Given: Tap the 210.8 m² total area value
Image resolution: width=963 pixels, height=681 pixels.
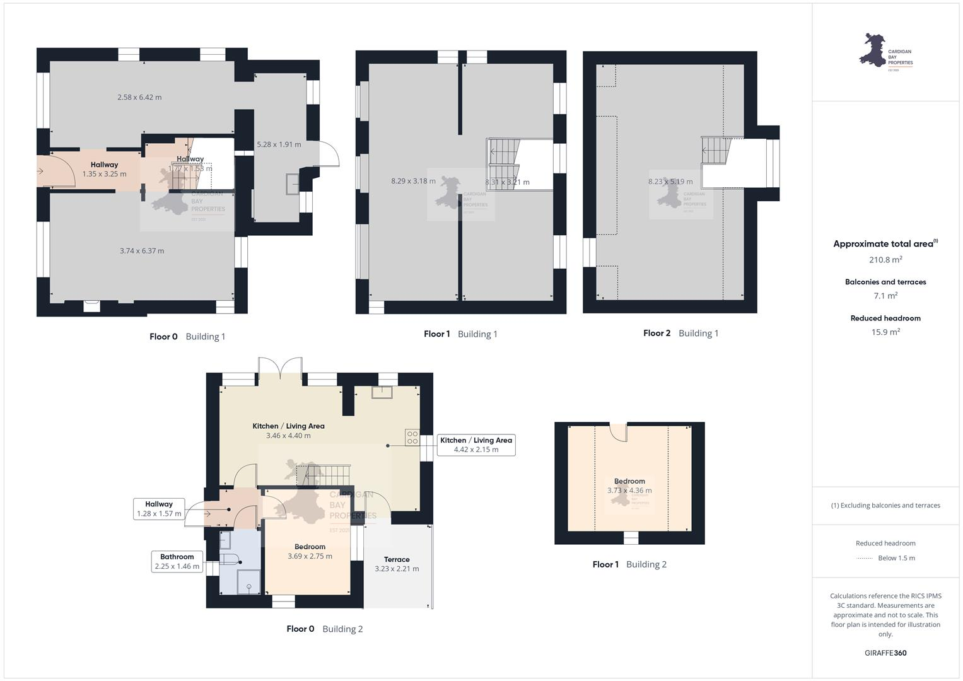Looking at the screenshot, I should tap(885, 260).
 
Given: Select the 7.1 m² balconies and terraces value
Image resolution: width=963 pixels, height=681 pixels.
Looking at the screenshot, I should tap(885, 296).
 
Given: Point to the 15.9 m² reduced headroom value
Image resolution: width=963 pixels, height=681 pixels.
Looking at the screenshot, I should tap(885, 332).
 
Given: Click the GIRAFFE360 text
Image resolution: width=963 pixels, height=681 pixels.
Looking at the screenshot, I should tap(885, 653).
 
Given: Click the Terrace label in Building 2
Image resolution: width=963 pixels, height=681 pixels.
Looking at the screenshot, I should tap(397, 559).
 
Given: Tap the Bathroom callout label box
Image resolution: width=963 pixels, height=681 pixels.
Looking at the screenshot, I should tap(177, 561).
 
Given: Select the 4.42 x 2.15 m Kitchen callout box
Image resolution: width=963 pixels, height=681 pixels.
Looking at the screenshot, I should tap(476, 445).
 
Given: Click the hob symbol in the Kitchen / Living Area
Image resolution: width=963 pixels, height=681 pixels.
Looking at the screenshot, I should tap(412, 437).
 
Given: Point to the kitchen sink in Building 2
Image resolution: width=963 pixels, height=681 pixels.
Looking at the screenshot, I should tap(382, 392).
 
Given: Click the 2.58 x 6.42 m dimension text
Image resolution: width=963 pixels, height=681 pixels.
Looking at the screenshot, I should tap(139, 97).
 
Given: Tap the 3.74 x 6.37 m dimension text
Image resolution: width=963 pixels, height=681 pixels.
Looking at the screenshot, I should tap(142, 251).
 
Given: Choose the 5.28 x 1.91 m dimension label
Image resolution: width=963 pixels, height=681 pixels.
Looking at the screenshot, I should tap(279, 144).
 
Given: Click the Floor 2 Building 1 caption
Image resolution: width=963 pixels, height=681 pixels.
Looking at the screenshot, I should tap(680, 333).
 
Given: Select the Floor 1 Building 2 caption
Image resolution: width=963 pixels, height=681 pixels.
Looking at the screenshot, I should tap(629, 564).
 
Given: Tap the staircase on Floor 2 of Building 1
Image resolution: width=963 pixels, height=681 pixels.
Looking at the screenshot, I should tap(716, 151).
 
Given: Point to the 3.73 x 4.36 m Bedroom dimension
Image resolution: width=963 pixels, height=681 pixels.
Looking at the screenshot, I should tap(629, 491).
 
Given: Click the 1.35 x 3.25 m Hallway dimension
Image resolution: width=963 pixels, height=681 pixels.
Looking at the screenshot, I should tap(104, 174).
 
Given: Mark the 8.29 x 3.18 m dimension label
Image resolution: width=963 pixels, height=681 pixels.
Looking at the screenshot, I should tap(413, 181).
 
